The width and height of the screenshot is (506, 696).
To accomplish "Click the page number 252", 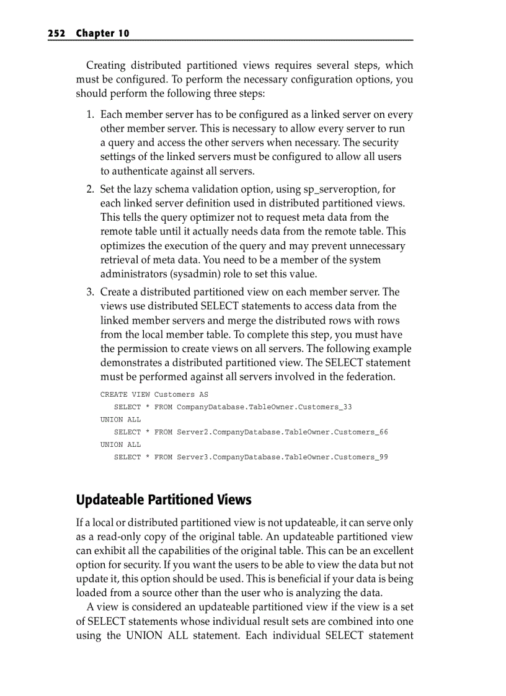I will tap(56, 33).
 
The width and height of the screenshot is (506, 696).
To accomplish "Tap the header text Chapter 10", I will tap(103, 33).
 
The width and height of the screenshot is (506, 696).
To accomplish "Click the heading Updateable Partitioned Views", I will tap(164, 500).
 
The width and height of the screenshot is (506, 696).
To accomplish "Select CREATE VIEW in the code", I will tap(125, 395).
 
